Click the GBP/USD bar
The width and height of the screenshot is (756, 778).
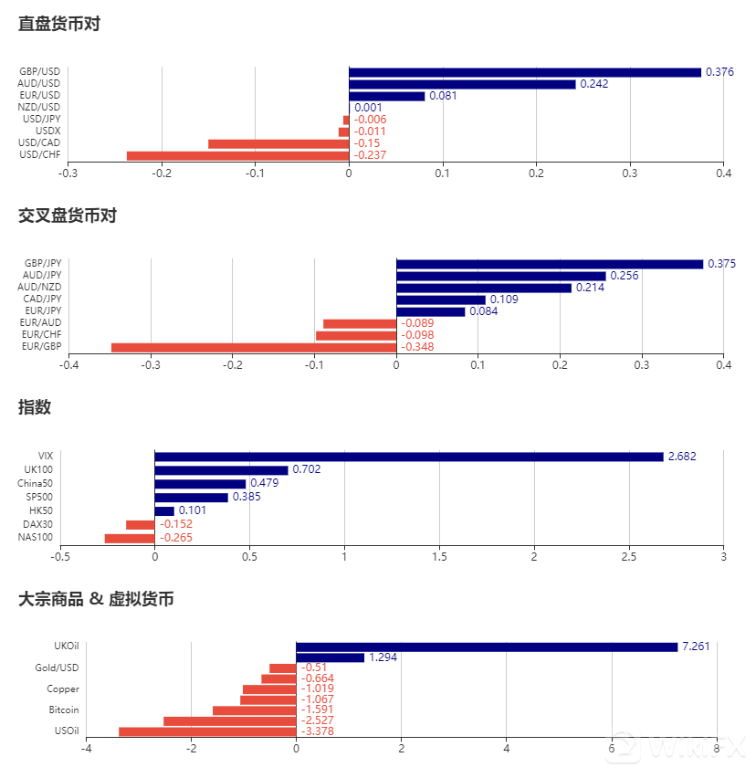[525, 72]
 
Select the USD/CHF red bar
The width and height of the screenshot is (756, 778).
[237, 155]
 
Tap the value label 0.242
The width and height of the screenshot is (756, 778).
[593, 84]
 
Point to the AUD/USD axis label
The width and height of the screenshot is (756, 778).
[39, 84]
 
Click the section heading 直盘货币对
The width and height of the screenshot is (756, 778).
[59, 25]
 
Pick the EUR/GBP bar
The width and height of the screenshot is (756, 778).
[254, 347]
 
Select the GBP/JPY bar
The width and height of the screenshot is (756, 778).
[550, 264]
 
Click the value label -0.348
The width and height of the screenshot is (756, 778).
[417, 347]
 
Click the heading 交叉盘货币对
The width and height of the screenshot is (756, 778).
[68, 216]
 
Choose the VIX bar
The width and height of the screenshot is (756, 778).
[409, 457]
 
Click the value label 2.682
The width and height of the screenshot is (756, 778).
[682, 457]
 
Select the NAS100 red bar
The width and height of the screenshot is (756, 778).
[130, 539]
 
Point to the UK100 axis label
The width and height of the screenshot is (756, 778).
[39, 469]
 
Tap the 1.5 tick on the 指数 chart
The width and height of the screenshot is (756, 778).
[439, 556]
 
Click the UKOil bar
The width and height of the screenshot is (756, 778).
[487, 647]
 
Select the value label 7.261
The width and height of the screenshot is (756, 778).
[696, 647]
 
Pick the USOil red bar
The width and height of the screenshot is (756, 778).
[207, 731]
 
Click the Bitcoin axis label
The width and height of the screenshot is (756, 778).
[64, 710]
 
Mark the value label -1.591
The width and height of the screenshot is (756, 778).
[317, 710]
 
